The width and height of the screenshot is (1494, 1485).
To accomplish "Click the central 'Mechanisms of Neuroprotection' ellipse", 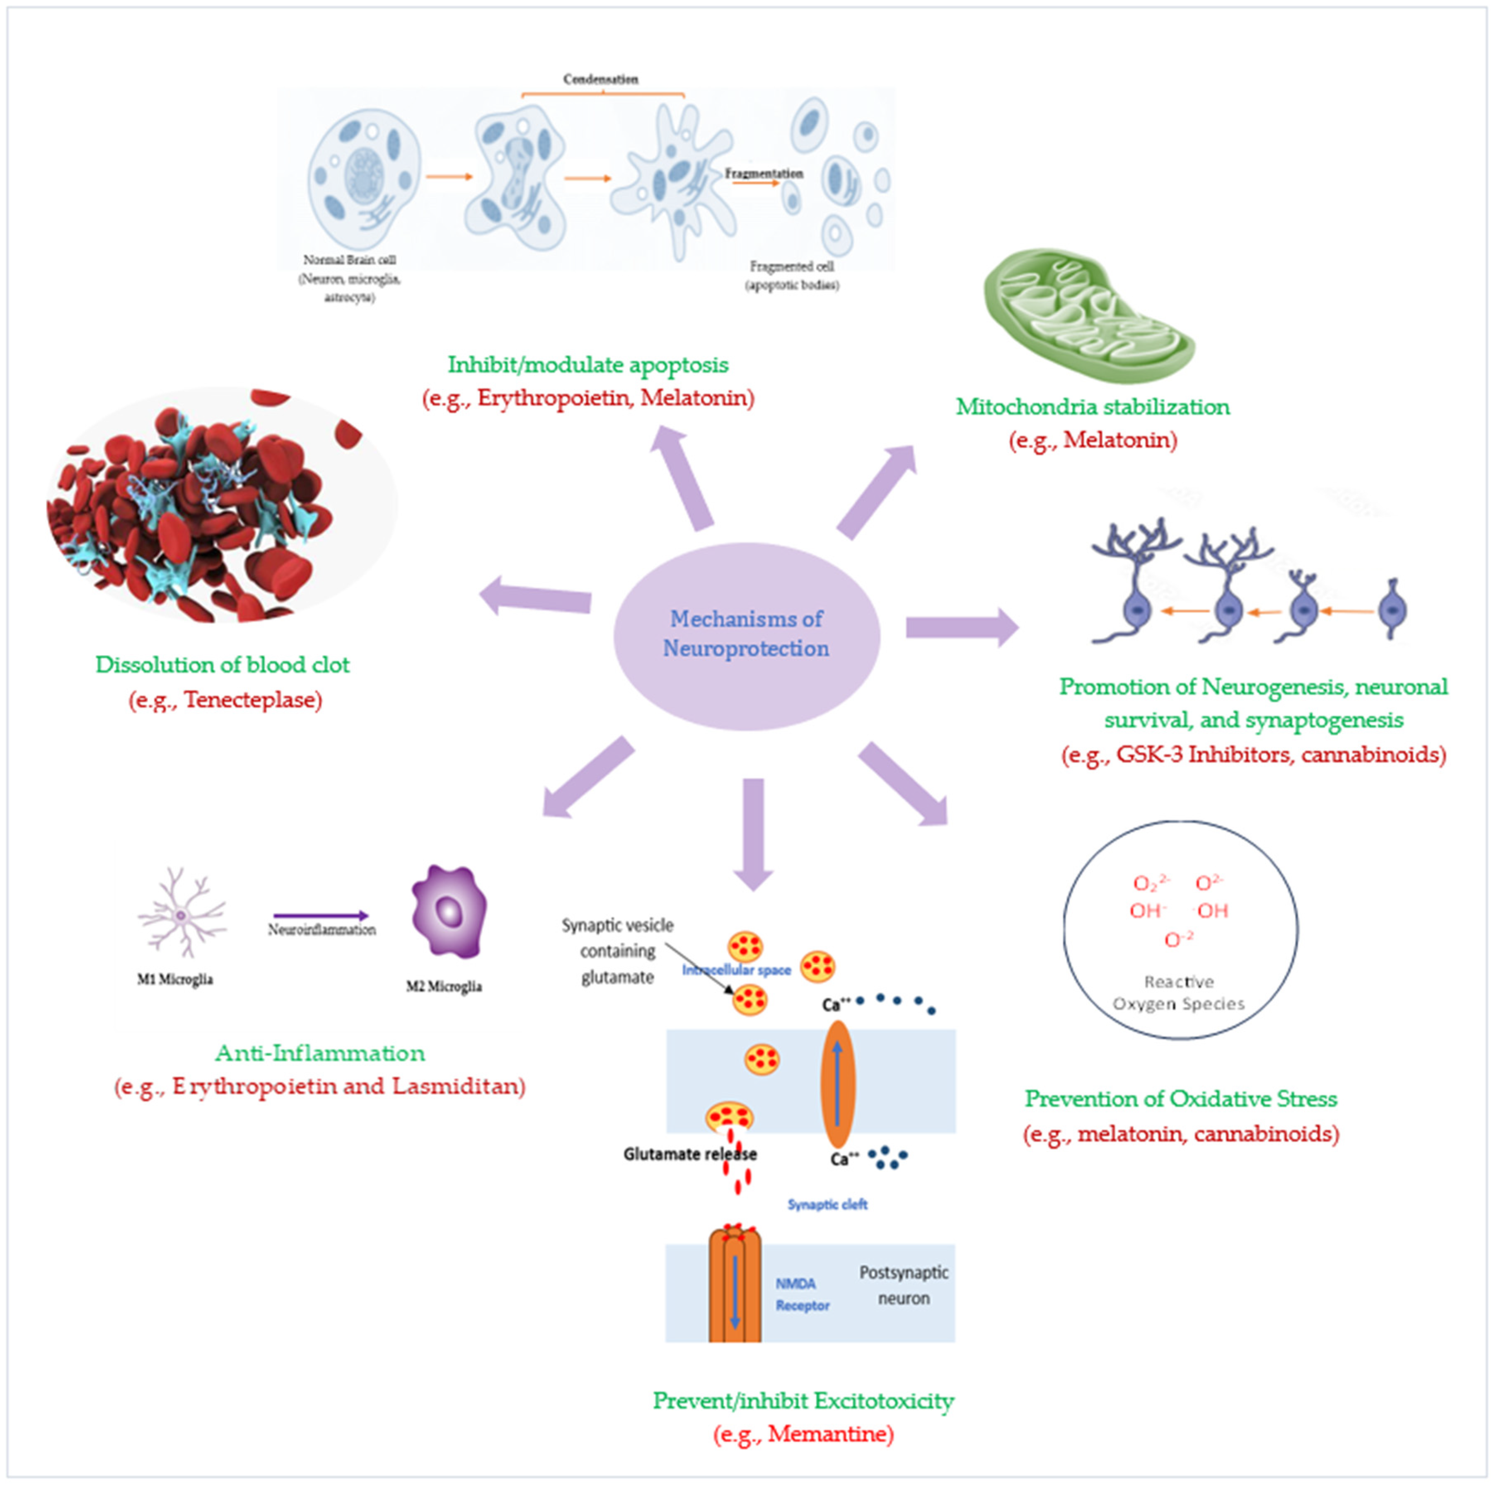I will pyautogui.click(x=746, y=636).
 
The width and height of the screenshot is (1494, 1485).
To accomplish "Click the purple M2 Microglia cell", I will pyautogui.click(x=449, y=911).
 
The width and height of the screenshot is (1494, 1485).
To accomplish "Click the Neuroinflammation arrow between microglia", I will pyautogui.click(x=321, y=916).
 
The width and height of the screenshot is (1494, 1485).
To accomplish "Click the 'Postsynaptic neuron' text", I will pyautogui.click(x=903, y=1285).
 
